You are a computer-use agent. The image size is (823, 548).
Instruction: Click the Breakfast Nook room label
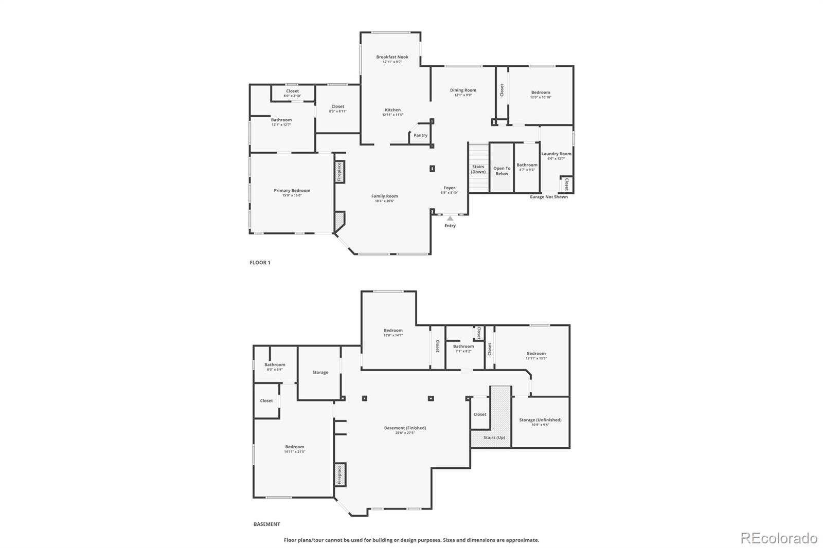point(392,57)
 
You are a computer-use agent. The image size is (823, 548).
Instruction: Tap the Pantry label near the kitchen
point(420,135)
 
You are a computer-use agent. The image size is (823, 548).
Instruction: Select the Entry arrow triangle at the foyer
point(450,218)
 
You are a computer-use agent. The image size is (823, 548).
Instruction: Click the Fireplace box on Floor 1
point(339,172)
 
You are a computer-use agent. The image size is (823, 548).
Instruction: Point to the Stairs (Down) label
point(478,169)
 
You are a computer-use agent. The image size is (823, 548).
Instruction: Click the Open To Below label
point(502,171)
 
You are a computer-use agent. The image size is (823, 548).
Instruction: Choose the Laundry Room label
point(556,154)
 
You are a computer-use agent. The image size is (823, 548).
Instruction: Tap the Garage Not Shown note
point(549,197)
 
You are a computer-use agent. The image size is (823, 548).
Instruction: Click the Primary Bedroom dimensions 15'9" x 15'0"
point(292,195)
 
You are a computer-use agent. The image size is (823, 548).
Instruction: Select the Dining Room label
point(463,90)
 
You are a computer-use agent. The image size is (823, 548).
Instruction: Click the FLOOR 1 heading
point(260,262)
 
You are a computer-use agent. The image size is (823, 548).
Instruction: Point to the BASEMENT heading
point(266,524)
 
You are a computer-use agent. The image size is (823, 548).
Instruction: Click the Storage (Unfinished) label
point(540,419)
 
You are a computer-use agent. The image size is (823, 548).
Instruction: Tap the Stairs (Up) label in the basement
point(494,437)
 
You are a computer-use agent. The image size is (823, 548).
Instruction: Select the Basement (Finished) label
point(405,428)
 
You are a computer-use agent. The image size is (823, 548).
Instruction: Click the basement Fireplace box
point(339,474)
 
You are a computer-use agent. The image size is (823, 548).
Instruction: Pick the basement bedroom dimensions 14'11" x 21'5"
point(295,451)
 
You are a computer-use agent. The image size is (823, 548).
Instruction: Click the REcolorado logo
point(778,538)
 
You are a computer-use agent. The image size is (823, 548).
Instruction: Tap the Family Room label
point(385,196)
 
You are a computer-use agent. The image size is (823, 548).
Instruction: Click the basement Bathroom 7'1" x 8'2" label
point(463,346)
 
